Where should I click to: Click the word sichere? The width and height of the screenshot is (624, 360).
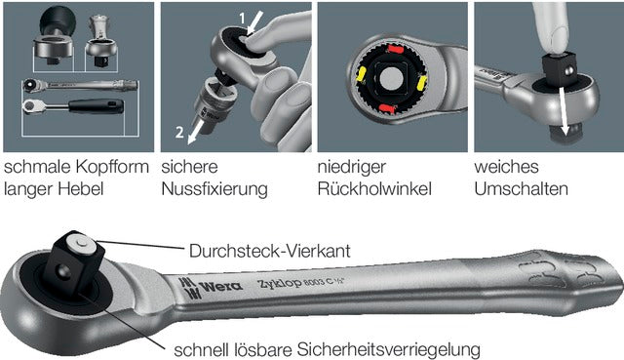tap(189, 166)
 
